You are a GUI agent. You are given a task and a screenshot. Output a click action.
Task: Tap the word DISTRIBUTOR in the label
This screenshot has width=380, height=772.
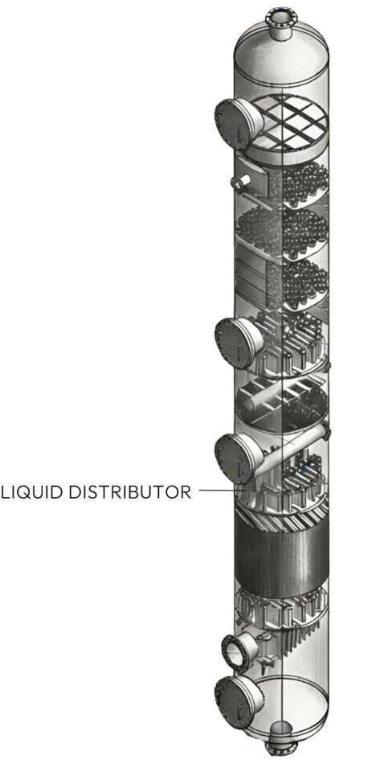(x=129, y=492)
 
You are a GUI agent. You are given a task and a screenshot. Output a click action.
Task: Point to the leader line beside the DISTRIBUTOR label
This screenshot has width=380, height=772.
(x=221, y=491)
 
